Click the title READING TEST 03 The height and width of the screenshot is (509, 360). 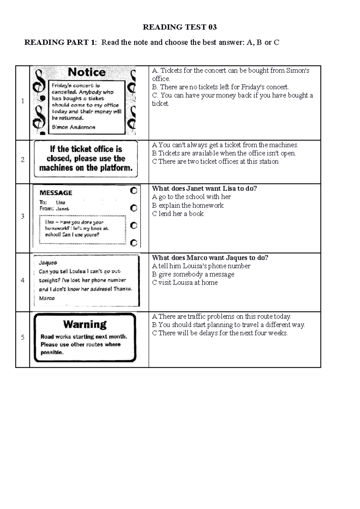pyautogui.click(x=179, y=27)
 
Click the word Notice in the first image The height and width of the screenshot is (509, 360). pyautogui.click(x=86, y=72)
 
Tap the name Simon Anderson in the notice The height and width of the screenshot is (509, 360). pyautogui.click(x=73, y=127)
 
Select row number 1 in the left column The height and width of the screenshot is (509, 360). pyautogui.click(x=22, y=101)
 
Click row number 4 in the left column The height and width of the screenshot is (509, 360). pyautogui.click(x=22, y=281)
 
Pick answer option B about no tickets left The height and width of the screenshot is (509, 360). pyautogui.click(x=220, y=87)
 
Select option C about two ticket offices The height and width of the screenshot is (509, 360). pyautogui.click(x=215, y=162)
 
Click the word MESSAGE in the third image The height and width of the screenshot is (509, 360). pyautogui.click(x=56, y=193)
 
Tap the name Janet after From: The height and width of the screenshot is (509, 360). pyautogui.click(x=62, y=209)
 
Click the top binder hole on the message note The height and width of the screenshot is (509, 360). pyautogui.click(x=133, y=191)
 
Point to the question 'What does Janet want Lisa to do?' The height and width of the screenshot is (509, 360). pyautogui.click(x=204, y=189)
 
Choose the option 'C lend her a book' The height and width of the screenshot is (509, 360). pyautogui.click(x=178, y=214)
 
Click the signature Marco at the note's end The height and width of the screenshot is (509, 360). pyautogui.click(x=47, y=298)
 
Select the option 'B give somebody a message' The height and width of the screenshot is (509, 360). pyautogui.click(x=193, y=274)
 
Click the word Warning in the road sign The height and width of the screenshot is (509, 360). pyautogui.click(x=85, y=324)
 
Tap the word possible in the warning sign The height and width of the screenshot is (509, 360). pyautogui.click(x=52, y=353)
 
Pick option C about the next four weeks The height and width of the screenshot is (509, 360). pyautogui.click(x=220, y=333)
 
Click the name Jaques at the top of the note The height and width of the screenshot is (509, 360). pyautogui.click(x=48, y=263)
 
